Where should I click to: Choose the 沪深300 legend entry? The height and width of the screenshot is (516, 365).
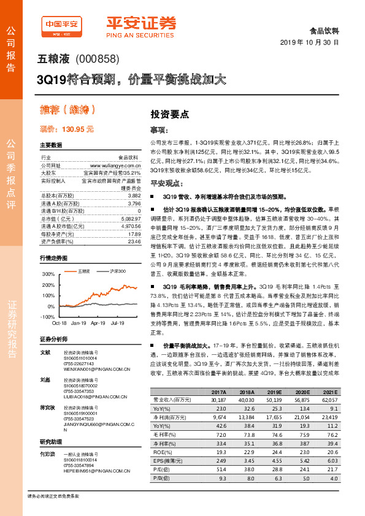point(117,270)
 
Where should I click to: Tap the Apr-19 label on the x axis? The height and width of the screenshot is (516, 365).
point(98,322)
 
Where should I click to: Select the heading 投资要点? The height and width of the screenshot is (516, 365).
point(170,114)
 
